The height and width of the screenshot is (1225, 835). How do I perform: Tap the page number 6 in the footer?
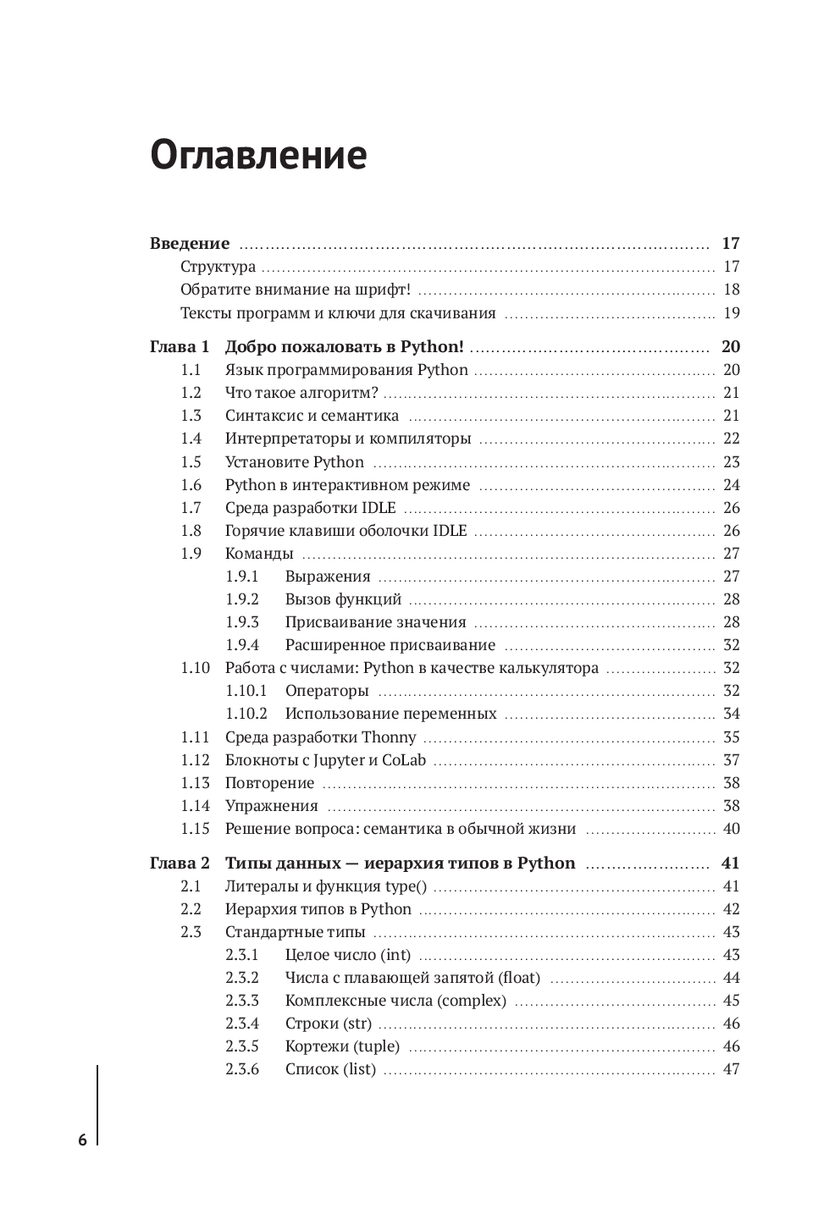point(82,1139)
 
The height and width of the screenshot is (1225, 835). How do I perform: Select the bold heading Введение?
point(190,244)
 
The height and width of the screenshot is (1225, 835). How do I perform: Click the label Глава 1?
point(180,347)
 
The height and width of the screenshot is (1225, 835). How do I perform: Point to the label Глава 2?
point(180,864)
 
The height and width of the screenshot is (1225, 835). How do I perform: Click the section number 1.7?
point(191,508)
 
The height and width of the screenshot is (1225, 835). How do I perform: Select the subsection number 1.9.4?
point(242,645)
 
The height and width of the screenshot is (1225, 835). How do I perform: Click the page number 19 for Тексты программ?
point(732,313)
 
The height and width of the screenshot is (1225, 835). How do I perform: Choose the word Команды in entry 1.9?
point(259,554)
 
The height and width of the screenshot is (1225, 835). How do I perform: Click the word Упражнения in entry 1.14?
point(271,806)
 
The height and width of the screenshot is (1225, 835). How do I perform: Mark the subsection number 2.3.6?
point(242,1069)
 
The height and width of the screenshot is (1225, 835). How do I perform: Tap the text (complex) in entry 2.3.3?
point(471,1001)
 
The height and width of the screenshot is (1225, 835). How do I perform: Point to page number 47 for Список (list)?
point(732,1069)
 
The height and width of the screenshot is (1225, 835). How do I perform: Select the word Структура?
point(218,268)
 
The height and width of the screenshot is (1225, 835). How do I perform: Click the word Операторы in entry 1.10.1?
point(327,691)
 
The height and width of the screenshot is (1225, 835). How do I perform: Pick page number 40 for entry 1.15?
point(732,829)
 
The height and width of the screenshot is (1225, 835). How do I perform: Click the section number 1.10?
point(195,668)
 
